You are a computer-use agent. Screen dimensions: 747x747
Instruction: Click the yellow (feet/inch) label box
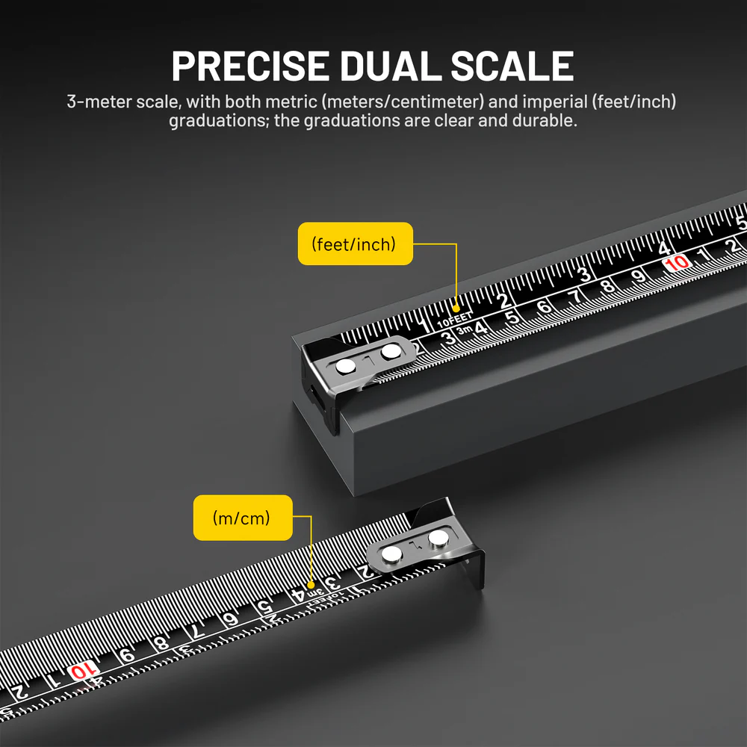355,244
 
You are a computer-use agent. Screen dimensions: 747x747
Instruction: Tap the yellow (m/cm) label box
242,517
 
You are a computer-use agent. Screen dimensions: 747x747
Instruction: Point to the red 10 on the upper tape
677,263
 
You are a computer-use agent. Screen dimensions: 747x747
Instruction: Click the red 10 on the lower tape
84,670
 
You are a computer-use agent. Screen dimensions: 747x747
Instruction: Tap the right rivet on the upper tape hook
390,350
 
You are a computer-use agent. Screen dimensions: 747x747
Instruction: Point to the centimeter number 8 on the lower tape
160,642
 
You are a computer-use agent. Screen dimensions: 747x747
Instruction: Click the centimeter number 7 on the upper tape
574,296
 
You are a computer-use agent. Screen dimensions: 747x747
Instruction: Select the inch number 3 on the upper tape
585,274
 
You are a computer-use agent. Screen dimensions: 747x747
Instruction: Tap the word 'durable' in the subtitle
548,120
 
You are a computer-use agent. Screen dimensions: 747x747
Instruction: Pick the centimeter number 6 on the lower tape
232,618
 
